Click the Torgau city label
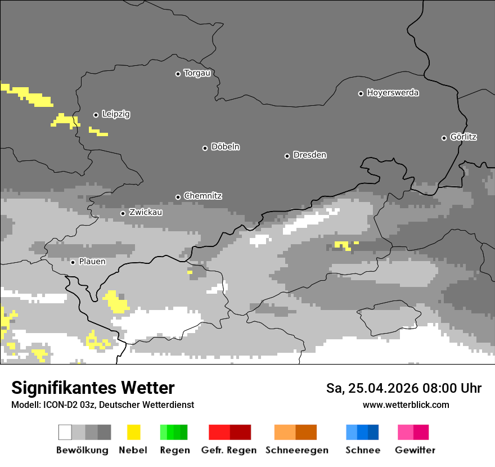(197, 73)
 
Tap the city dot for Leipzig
(96, 115)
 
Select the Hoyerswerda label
(393, 93)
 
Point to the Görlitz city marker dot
(444, 138)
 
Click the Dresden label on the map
(309, 155)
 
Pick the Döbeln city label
(225, 147)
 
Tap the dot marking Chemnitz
(178, 197)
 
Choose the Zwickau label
(146, 213)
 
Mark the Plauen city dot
(73, 262)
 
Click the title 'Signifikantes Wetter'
(93, 388)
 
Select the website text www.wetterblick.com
(406, 405)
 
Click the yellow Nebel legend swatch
(133, 432)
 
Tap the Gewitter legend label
(415, 450)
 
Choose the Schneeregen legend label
(297, 450)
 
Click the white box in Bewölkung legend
(65, 432)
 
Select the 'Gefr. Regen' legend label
(229, 450)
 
